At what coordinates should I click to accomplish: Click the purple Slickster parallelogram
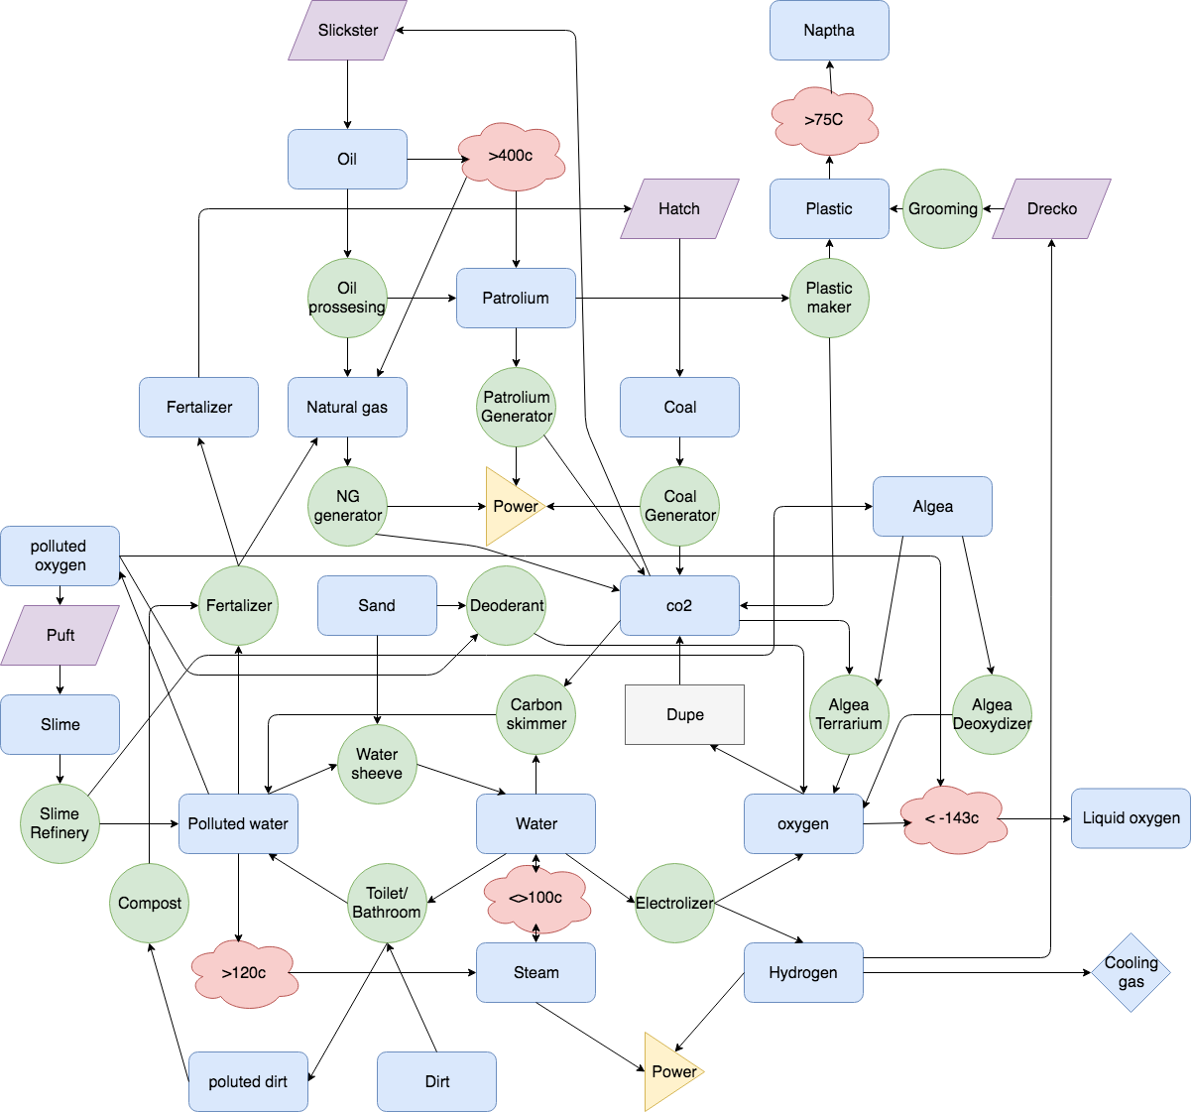[347, 31]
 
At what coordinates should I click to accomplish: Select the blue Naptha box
[829, 31]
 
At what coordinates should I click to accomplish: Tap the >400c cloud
[511, 157]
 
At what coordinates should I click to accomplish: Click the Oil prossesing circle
[347, 298]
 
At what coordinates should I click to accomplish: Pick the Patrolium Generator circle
[516, 407]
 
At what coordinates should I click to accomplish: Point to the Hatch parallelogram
[679, 209]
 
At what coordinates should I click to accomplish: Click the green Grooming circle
[942, 209]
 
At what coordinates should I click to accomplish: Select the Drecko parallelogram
[1051, 209]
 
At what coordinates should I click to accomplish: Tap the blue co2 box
[679, 605]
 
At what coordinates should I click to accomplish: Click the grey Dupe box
[684, 714]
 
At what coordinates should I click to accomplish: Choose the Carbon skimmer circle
[536, 714]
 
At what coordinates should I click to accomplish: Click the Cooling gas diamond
[1131, 972]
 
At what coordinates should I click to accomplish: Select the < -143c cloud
[953, 819]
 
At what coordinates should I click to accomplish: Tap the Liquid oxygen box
[1131, 818]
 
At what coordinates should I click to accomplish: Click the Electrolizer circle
[674, 903]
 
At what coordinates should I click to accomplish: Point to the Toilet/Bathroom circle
[387, 903]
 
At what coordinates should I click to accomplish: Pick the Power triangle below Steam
[669, 1071]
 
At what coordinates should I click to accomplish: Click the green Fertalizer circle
[238, 605]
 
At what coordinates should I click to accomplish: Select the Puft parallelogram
[60, 635]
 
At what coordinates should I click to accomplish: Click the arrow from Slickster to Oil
[347, 94]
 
